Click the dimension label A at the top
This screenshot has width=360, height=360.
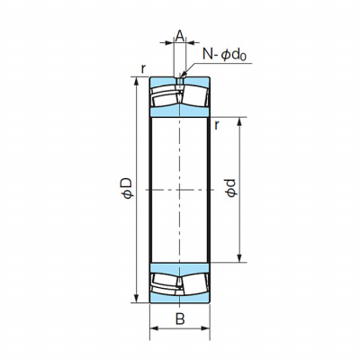coord(179,36)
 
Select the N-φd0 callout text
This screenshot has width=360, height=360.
coord(224,55)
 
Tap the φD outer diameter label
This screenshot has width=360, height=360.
coord(127,188)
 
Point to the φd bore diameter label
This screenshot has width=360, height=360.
coord(231,188)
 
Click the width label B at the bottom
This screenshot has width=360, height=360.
coord(180,319)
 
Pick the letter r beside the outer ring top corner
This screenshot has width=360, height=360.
coord(143,69)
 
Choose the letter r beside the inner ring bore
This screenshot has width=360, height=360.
coord(216,126)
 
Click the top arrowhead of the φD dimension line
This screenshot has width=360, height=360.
coord(137,81)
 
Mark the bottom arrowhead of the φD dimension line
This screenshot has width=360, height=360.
coord(137,299)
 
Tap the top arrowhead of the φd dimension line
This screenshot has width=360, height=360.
coord(239,121)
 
